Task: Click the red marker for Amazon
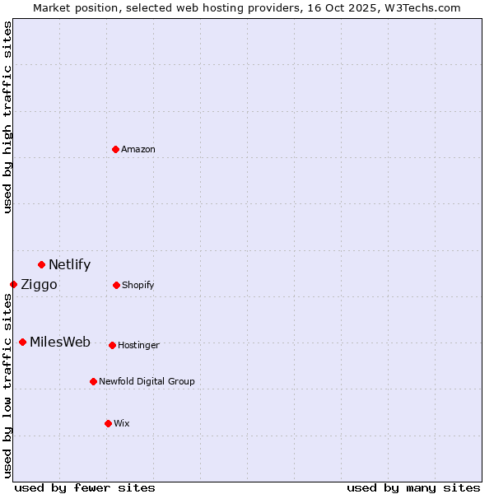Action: (115, 149)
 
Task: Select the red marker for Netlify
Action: (41, 264)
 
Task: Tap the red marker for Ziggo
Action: (13, 284)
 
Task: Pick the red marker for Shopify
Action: (116, 285)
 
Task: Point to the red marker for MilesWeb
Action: (22, 342)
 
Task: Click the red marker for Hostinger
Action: (112, 345)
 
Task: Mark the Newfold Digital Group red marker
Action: (93, 381)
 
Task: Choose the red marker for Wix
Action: (108, 423)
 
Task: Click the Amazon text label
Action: (138, 149)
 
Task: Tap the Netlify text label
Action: (70, 264)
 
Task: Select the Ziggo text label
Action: (39, 285)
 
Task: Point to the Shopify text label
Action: (138, 285)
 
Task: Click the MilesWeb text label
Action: (60, 343)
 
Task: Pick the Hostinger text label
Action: (138, 345)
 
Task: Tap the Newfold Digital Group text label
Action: (147, 381)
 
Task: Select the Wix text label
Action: (122, 423)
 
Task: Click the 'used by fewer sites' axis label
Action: (85, 487)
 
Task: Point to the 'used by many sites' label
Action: (413, 487)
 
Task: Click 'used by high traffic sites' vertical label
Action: (8, 117)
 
